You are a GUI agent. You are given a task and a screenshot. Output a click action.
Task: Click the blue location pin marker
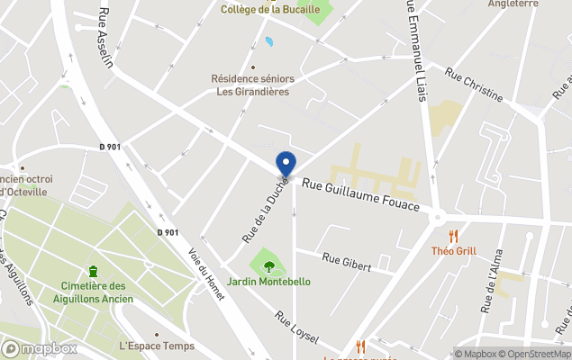tap(286, 164)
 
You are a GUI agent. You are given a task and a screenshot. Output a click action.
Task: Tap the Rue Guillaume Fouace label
tap(360, 194)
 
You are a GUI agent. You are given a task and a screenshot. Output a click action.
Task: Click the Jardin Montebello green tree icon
tap(268, 265)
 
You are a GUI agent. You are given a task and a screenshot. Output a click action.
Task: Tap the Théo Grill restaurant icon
tap(453, 236)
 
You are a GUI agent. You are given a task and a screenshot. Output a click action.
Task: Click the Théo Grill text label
tap(453, 251)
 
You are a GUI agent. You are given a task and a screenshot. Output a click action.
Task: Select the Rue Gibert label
tap(347, 262)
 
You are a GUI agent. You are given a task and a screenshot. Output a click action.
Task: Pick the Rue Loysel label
tap(297, 327)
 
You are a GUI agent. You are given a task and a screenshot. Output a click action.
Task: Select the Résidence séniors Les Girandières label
tap(252, 85)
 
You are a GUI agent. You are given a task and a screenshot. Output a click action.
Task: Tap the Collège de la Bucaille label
tap(270, 9)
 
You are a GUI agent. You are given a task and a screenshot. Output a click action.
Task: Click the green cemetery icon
tap(93, 271)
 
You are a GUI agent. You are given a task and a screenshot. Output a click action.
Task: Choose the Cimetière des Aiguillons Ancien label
tap(93, 292)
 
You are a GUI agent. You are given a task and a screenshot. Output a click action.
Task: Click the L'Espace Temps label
tap(156, 346)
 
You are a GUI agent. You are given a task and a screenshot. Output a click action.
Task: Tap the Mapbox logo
tap(40, 348)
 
